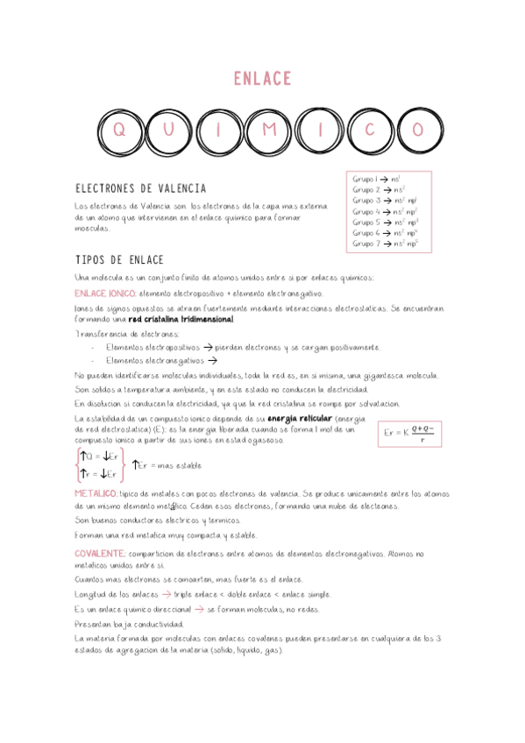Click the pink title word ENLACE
coord(262,80)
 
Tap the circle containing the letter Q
coord(119,130)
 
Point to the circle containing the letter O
coord(418,130)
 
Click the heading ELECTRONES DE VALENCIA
coord(141,188)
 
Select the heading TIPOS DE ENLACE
coord(119,260)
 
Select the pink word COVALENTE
coord(98,554)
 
